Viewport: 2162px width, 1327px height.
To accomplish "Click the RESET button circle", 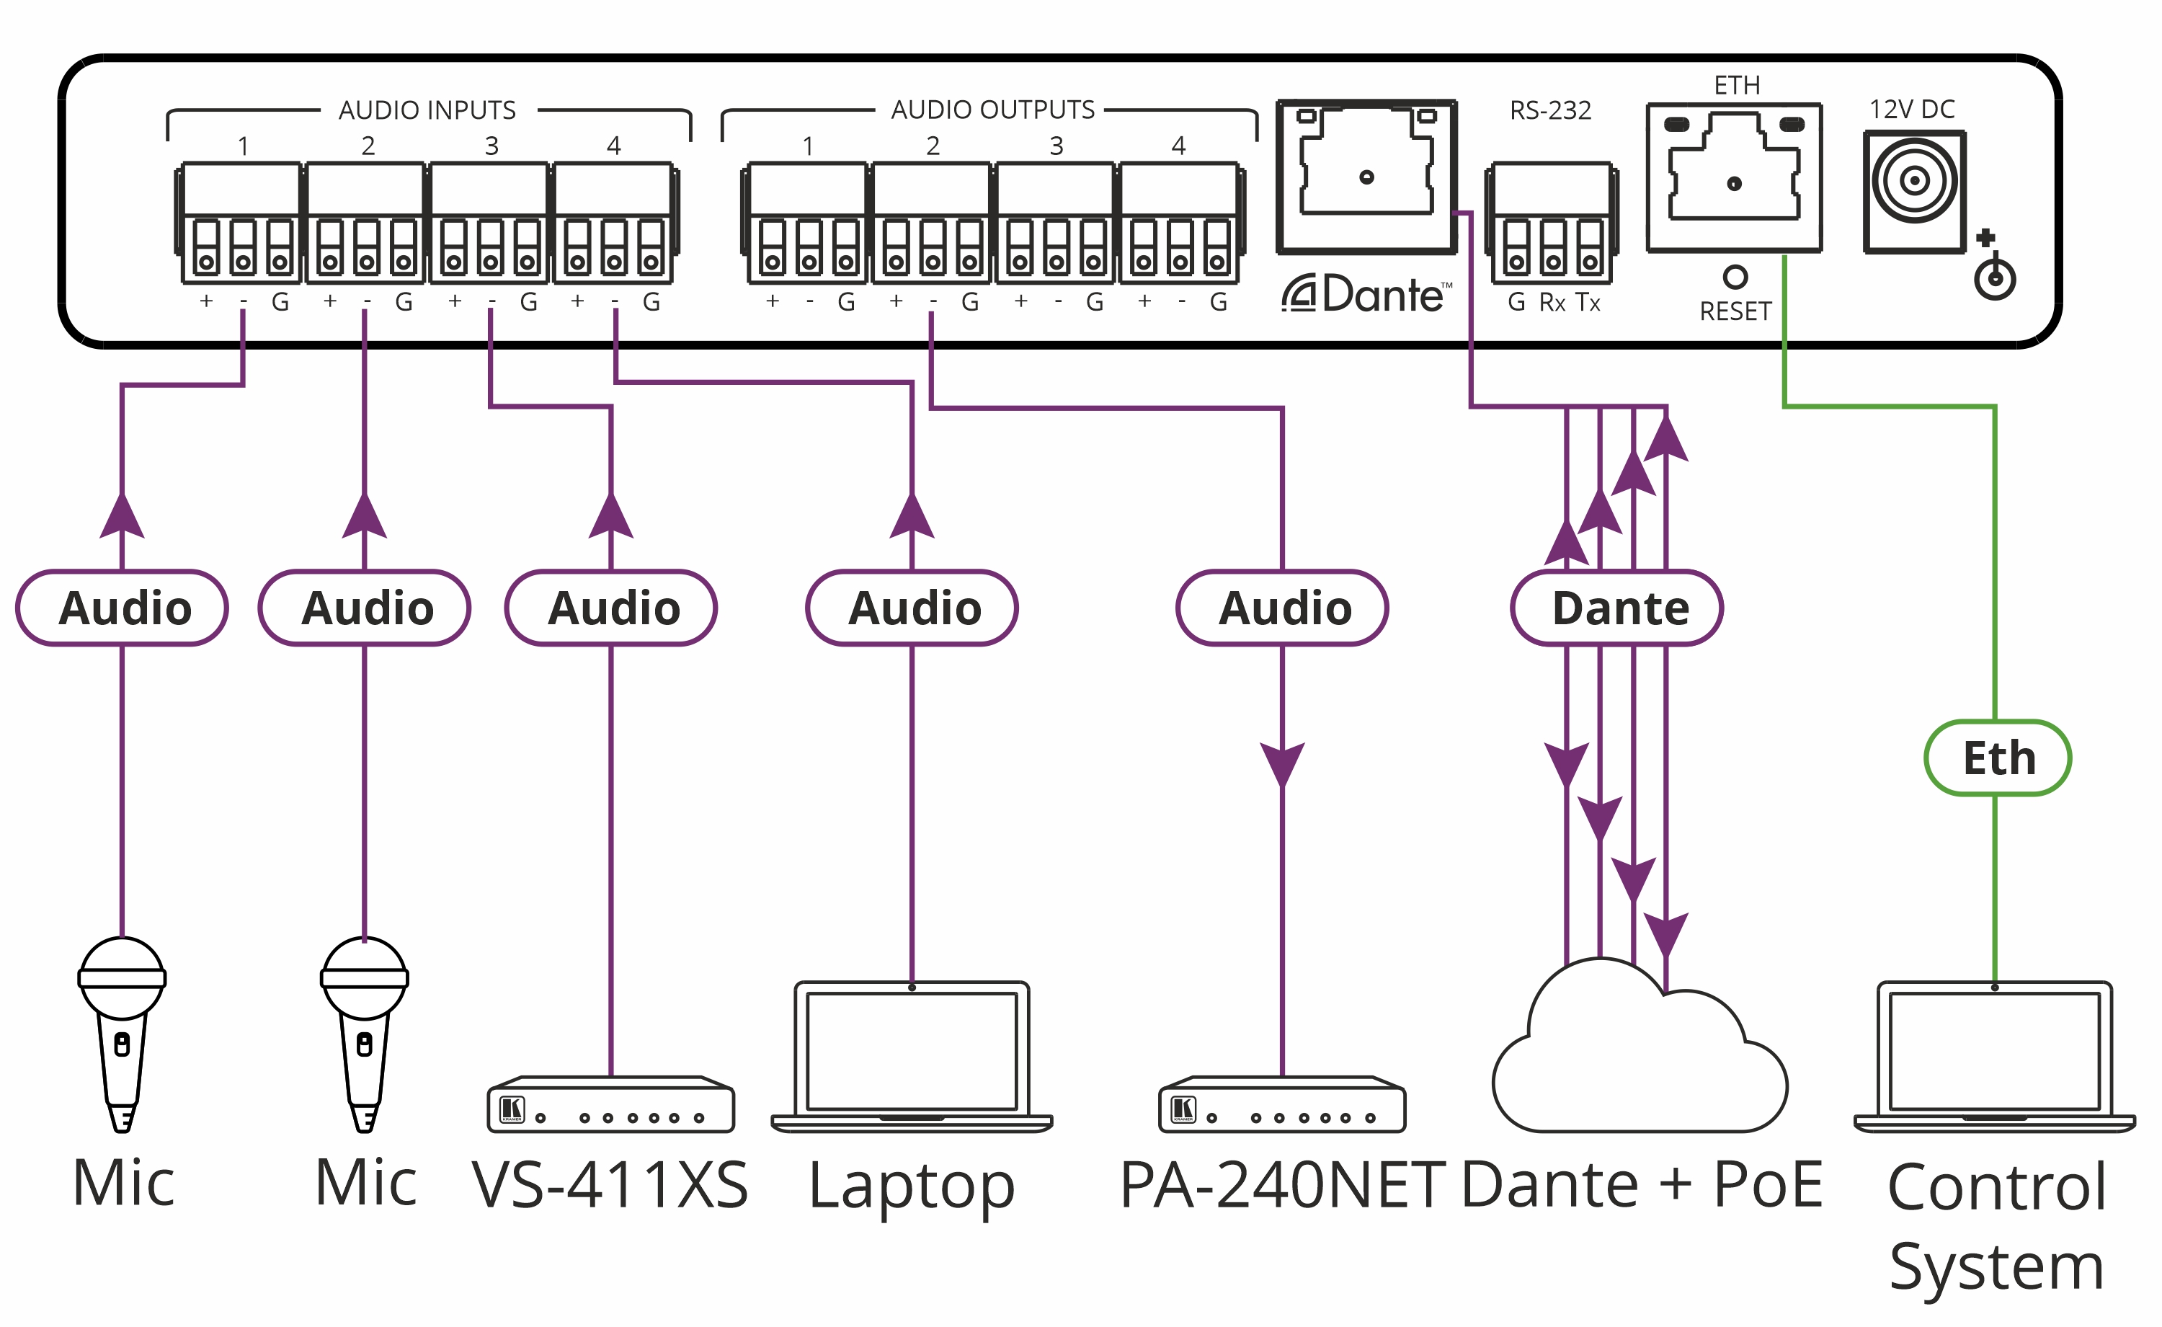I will pos(1735,278).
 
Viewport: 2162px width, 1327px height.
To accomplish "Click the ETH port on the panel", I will pos(1734,178).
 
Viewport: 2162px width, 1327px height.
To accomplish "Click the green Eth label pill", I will pos(1997,758).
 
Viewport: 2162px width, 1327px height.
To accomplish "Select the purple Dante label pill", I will pos(1617,608).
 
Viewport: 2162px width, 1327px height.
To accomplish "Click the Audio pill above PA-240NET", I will pos(1282,608).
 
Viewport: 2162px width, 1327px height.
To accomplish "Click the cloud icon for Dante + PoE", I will pos(1639,1053).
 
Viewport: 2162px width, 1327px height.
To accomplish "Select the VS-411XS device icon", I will pos(610,1105).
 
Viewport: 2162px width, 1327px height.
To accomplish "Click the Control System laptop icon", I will pos(1993,1057).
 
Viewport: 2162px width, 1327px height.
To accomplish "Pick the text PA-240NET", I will pos(1282,1185).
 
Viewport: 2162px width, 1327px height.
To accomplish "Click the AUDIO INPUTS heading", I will pos(427,110).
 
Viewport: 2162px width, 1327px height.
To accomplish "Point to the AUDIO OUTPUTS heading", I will pos(992,110).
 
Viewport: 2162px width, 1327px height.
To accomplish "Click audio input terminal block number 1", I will pos(241,223).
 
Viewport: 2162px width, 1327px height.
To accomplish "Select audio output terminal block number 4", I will pos(1178,223).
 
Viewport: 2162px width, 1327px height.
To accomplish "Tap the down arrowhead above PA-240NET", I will pos(1282,763).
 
